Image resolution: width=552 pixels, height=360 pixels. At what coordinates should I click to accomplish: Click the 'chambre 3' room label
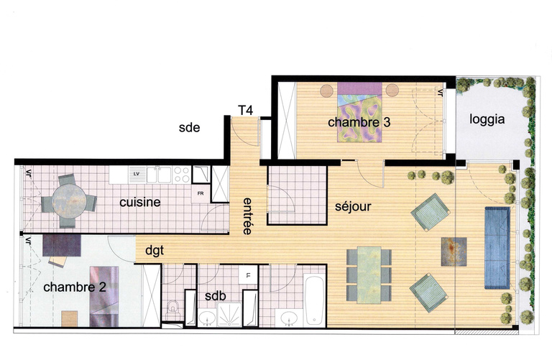point(359,123)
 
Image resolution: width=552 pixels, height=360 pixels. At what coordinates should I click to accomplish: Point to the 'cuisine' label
point(140,202)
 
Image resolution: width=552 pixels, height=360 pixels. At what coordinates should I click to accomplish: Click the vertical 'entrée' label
point(247,216)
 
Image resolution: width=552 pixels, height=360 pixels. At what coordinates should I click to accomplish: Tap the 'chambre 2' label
point(75,287)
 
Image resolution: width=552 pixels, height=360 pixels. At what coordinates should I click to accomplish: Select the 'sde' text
point(189,129)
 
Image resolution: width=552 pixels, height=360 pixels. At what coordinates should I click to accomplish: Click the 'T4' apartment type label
point(245,110)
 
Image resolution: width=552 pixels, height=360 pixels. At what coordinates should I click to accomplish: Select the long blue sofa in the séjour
point(497,246)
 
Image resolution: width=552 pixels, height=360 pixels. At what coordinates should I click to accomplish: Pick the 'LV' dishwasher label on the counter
point(136,174)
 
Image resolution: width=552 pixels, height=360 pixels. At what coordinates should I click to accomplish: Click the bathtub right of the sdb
point(315,299)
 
